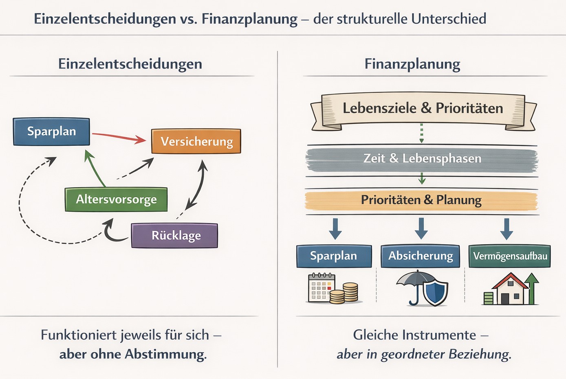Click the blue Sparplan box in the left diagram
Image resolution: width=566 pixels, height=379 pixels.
[x=51, y=131]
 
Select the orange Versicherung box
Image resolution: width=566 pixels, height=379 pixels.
[x=196, y=141]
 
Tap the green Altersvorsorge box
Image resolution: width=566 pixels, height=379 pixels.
[x=116, y=199]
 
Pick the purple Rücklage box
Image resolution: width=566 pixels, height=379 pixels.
[x=175, y=236]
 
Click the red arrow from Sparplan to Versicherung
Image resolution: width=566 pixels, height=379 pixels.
[x=118, y=137]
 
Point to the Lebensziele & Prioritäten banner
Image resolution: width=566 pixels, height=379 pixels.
[x=423, y=108]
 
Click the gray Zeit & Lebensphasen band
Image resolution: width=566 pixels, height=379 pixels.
[x=422, y=158]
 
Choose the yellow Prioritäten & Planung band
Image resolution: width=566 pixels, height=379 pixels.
[x=421, y=200]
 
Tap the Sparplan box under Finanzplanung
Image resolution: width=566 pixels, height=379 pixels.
[x=334, y=256]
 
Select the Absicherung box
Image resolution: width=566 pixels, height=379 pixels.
[x=421, y=256]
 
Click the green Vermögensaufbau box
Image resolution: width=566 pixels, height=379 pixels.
[x=510, y=256]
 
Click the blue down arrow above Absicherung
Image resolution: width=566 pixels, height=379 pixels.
[x=421, y=228]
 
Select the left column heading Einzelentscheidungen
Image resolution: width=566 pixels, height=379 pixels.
[x=130, y=64]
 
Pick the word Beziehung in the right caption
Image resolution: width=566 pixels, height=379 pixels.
[x=480, y=354]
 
